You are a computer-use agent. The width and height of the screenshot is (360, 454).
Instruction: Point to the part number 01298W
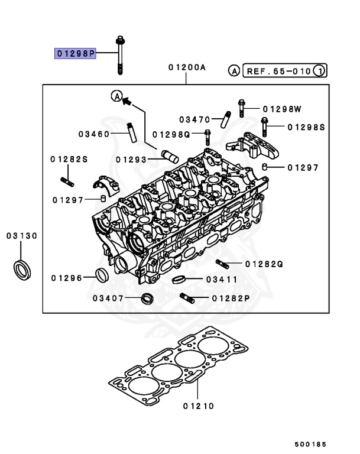click(282, 109)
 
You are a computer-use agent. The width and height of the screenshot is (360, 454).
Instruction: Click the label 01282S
click(69, 159)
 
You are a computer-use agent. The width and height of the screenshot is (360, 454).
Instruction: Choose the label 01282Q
click(264, 263)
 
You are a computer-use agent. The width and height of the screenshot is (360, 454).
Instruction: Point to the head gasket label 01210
click(198, 406)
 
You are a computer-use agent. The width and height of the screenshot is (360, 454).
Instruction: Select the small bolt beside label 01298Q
click(207, 137)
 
